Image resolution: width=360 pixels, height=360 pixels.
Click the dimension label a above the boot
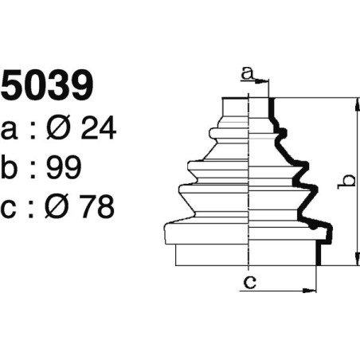click(x=247, y=74)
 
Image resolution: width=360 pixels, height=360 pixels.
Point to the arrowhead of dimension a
click(x=265, y=80)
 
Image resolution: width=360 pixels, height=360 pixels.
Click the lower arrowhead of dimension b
click(x=352, y=261)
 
